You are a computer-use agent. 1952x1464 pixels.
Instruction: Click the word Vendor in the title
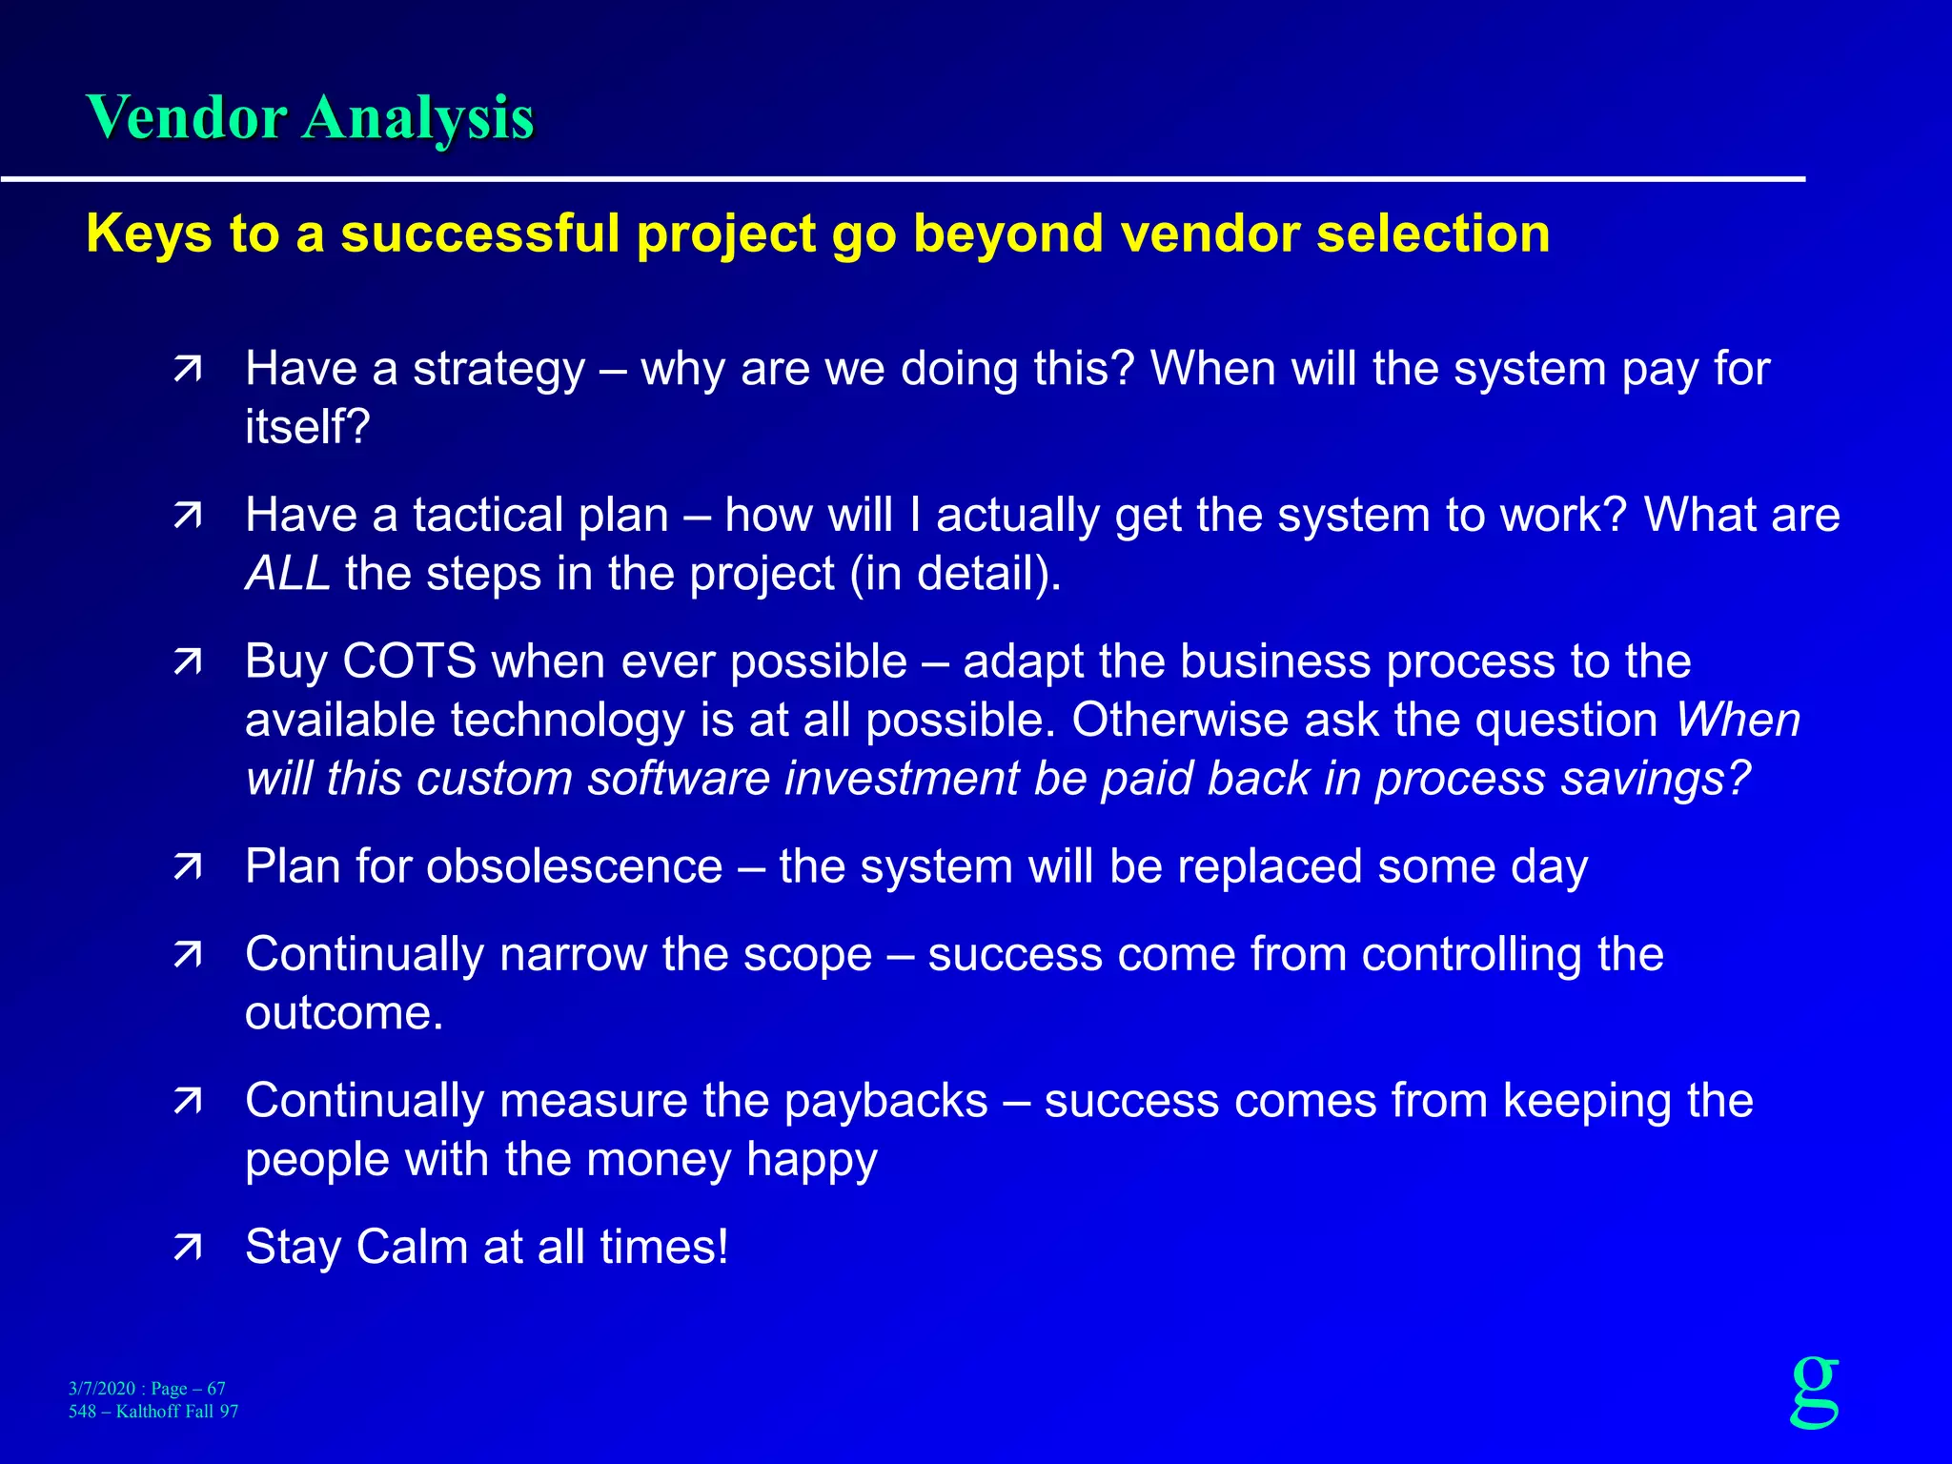[x=187, y=119]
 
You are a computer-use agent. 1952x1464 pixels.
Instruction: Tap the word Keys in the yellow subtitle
[x=148, y=234]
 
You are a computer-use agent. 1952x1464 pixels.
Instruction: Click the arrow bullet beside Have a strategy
[x=188, y=370]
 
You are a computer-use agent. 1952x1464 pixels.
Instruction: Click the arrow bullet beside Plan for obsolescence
[x=188, y=867]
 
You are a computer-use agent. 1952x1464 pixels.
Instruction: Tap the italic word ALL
[x=287, y=574]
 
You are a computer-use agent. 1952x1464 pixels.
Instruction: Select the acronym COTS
[x=409, y=661]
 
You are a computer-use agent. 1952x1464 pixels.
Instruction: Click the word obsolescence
[x=574, y=867]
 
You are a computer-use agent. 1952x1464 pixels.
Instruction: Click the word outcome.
[x=343, y=1013]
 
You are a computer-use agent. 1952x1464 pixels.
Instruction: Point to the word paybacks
[x=885, y=1101]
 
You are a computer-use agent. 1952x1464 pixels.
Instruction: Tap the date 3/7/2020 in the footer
[x=101, y=1389]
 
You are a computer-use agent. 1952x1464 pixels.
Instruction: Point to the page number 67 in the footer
[x=216, y=1389]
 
